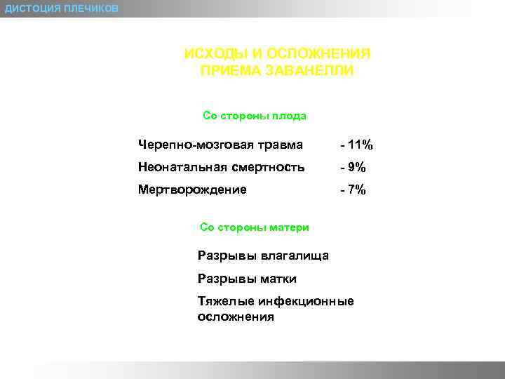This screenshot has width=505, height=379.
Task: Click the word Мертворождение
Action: pyautogui.click(x=192, y=189)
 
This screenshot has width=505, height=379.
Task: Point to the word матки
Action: pyautogui.click(x=278, y=279)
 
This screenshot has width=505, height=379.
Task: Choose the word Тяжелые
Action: pyautogui.click(x=226, y=302)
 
